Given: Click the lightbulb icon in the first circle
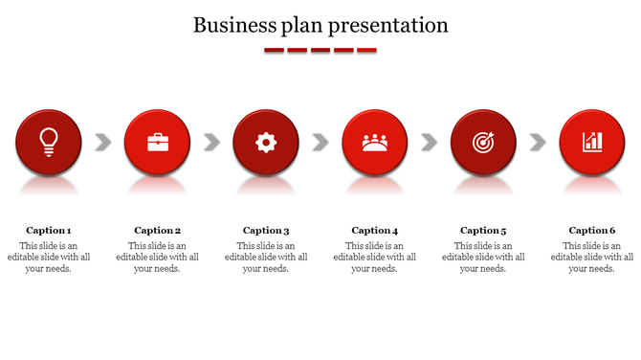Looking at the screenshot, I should coord(49,142).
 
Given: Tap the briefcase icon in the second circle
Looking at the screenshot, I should coord(158,143).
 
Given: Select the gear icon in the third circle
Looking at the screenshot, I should coord(266,143).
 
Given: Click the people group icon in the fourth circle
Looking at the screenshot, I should coord(375,143).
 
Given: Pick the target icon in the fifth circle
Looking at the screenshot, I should coord(483,143).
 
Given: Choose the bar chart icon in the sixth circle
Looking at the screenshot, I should coord(592,143).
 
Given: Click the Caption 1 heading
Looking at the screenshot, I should coord(49,230).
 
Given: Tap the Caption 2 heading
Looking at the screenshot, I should coord(158,230).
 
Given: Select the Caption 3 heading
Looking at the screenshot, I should coord(266,230).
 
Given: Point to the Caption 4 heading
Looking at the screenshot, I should coord(375,230).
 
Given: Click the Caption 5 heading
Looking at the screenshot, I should coord(483,230).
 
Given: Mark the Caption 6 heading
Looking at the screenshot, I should coord(592,230).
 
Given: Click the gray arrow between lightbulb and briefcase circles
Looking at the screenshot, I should coord(103,143).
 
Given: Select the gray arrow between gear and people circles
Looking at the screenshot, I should coord(320,143).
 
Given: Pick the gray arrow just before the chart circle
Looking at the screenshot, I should coord(538,143).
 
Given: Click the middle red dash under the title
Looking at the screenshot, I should coord(320,50).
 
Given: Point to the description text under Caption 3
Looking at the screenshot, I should coord(266,257).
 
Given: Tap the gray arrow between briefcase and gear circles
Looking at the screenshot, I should coord(212,143).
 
